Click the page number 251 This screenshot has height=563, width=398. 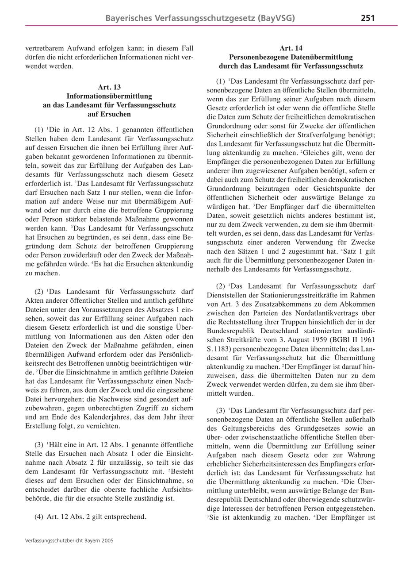click(367, 18)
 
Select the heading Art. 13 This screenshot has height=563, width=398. click(109, 87)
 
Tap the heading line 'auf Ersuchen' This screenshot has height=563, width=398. click(109, 114)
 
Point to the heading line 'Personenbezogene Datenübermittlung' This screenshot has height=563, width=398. click(291, 57)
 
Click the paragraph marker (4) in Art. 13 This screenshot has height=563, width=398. click(39, 517)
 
